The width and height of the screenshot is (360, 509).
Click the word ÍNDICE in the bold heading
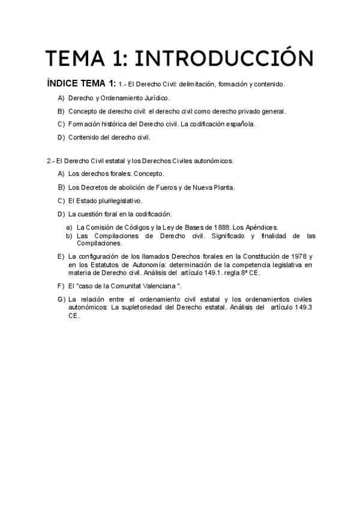click(x=63, y=83)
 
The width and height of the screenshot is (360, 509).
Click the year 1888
click(x=222, y=228)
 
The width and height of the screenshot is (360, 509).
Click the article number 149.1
click(x=220, y=272)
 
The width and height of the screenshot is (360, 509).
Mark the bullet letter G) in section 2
click(x=61, y=299)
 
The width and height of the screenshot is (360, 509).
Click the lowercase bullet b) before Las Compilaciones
click(x=69, y=236)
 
